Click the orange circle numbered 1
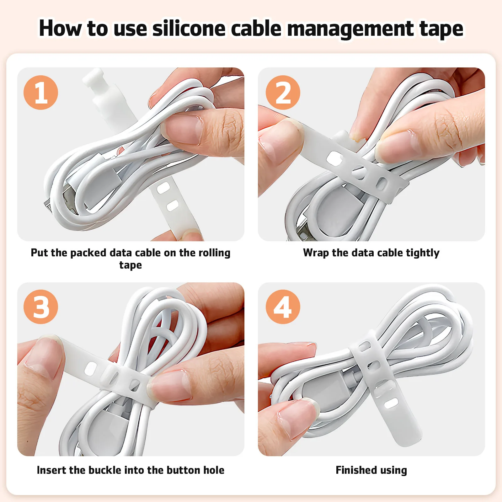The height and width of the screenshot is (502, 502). pyautogui.click(x=41, y=93)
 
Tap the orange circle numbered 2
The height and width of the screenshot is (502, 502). pyautogui.click(x=283, y=93)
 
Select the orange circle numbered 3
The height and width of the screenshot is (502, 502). pyautogui.click(x=41, y=307)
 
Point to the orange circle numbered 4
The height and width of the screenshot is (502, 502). pyautogui.click(x=283, y=307)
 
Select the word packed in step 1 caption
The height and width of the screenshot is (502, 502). pyautogui.click(x=88, y=253)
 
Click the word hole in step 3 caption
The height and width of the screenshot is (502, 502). pyautogui.click(x=214, y=470)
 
